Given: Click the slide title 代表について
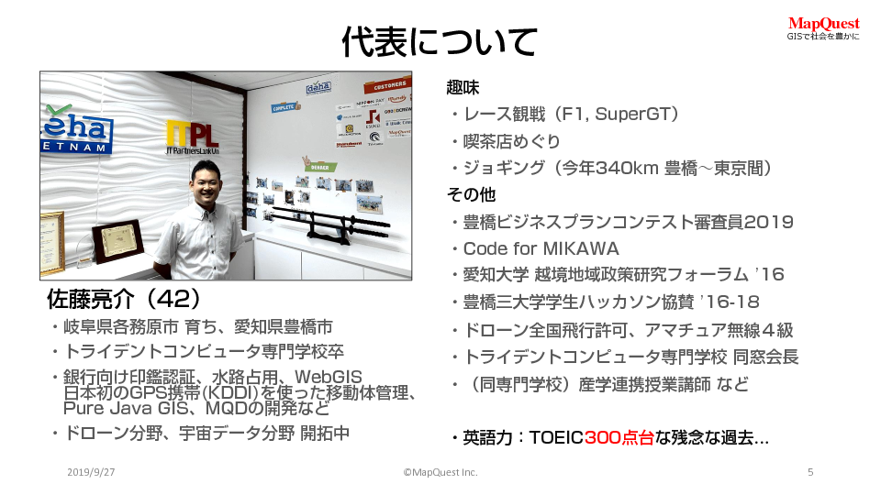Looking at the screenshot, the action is pos(440,41).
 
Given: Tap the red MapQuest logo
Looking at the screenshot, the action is pos(823,24).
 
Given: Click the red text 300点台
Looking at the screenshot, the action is pos(619,437).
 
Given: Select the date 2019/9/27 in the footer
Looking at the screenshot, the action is pos(91,472).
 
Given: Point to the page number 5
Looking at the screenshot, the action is pos(810,472).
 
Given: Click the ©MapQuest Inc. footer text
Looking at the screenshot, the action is pos(440,472).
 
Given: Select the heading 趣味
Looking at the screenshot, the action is pos(463,87).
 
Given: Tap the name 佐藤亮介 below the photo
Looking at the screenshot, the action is pos(91,299).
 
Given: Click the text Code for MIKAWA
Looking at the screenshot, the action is pos(541,248).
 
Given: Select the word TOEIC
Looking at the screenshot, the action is pos(556,437).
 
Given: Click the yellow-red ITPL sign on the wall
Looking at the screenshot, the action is pos(192,137).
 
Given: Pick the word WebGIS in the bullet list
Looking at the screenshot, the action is pos(329,377).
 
